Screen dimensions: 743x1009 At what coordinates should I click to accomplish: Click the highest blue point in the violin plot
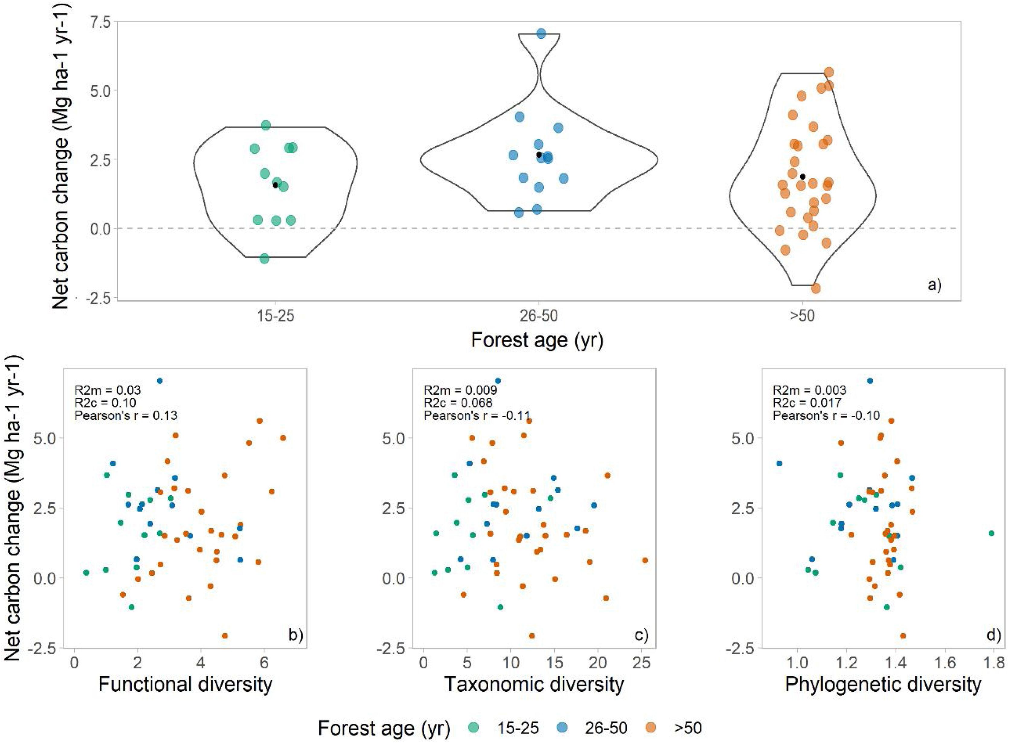tap(541, 33)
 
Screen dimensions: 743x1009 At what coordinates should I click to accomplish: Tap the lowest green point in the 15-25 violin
tap(265, 259)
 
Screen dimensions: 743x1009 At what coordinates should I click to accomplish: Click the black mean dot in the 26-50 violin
tap(539, 155)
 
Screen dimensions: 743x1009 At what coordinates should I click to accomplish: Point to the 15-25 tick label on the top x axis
tap(275, 316)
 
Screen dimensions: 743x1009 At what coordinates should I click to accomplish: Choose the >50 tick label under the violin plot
tap(802, 316)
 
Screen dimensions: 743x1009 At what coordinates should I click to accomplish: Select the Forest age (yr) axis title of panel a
tap(537, 341)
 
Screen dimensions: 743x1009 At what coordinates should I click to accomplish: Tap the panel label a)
tap(934, 285)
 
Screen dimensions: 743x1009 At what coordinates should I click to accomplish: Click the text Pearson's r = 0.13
tap(126, 415)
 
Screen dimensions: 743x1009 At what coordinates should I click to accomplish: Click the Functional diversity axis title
tap(185, 684)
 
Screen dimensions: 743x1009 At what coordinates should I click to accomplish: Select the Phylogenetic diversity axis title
tap(883, 684)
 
